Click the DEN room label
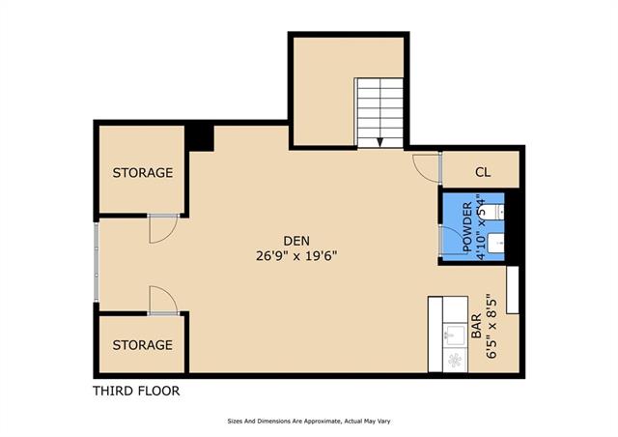tap(296, 241)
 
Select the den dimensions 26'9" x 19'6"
tap(296, 256)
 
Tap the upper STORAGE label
tap(143, 172)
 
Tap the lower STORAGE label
tap(143, 345)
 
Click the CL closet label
tap(483, 172)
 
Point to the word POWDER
tap(467, 227)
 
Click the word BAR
tap(476, 326)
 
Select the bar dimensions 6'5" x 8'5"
tap(491, 326)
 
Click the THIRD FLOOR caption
tap(136, 391)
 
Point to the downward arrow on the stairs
tap(379, 142)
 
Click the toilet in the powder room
tap(493, 211)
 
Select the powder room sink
tap(495, 243)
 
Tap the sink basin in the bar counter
tap(455, 335)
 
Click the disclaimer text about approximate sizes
tap(309, 422)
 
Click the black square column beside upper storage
tap(200, 138)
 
